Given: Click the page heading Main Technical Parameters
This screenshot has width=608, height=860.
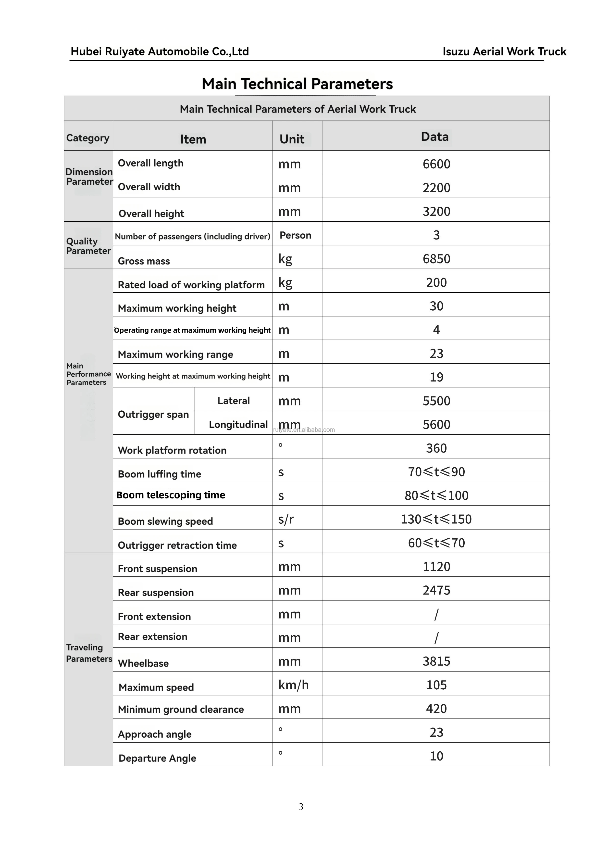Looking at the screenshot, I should pyautogui.click(x=297, y=84).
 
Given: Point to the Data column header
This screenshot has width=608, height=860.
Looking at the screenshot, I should pyautogui.click(x=435, y=137).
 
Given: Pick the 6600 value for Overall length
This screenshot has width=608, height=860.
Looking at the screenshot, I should pyautogui.click(x=436, y=164).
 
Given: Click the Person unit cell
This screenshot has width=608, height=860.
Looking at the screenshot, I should pyautogui.click(x=295, y=235).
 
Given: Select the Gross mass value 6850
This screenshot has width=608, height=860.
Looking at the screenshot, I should pyautogui.click(x=436, y=259).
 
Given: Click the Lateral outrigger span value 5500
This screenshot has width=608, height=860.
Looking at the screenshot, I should pyautogui.click(x=436, y=401).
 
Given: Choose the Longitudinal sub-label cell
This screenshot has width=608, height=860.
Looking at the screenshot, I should pyautogui.click(x=238, y=424).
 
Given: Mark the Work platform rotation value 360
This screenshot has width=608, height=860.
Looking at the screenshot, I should pyautogui.click(x=436, y=448).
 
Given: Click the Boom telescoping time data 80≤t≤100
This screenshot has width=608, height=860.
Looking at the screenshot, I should pyautogui.click(x=436, y=495).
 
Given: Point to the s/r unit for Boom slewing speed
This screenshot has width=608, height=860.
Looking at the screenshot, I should pyautogui.click(x=286, y=519).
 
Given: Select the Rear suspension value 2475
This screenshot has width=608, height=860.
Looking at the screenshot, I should pyautogui.click(x=436, y=590).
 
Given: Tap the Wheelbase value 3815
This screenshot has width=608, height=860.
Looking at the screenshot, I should pyautogui.click(x=436, y=661).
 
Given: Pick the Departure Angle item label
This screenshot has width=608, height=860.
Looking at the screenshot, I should pyautogui.click(x=157, y=758).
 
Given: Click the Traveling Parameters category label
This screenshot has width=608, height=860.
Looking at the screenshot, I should pyautogui.click(x=89, y=653).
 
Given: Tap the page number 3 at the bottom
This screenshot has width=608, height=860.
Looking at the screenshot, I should pyautogui.click(x=301, y=807).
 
